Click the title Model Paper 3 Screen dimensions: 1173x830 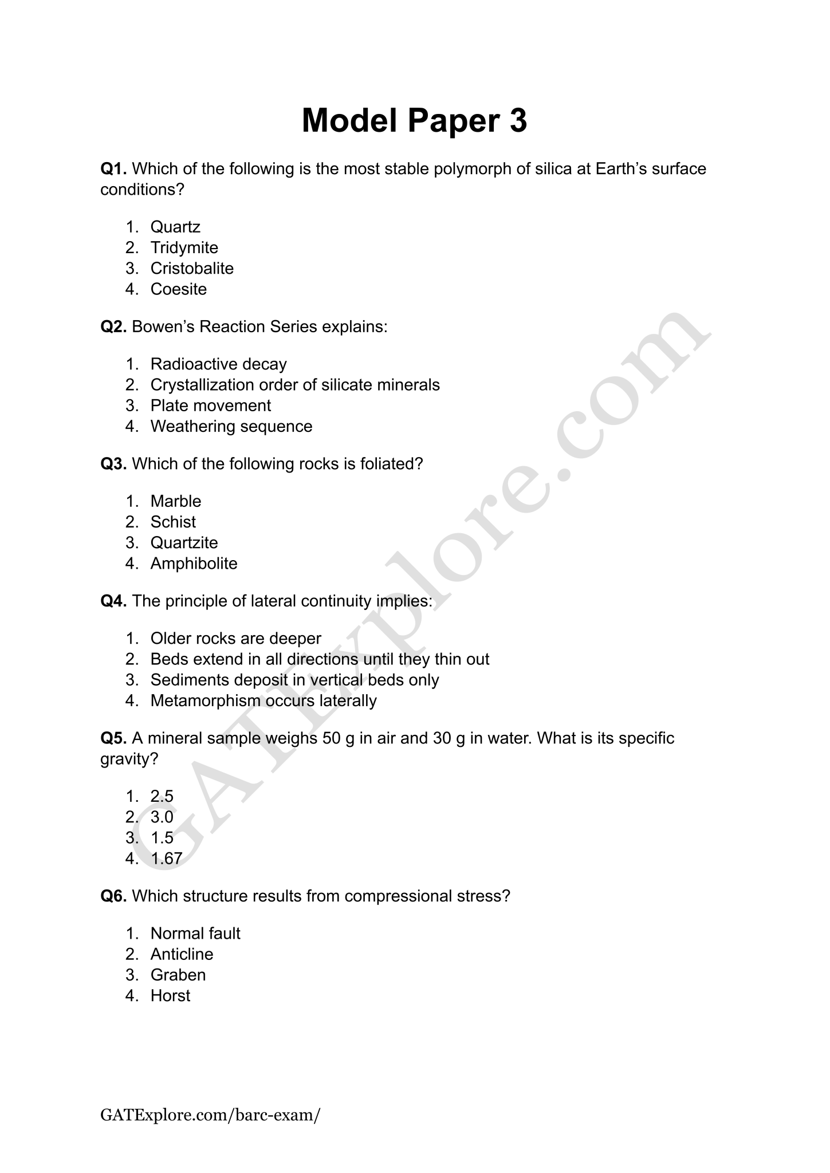(414, 121)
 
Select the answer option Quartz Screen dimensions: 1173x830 (175, 227)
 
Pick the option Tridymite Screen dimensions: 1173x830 (184, 247)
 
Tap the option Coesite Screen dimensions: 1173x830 (178, 289)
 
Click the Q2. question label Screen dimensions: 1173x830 (113, 326)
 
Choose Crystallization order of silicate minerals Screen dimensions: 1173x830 (295, 385)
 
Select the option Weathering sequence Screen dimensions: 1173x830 (231, 426)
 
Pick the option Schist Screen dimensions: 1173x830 (173, 522)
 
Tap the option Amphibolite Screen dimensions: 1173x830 (194, 564)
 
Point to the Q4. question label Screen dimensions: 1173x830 (113, 601)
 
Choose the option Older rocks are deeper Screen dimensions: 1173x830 (235, 638)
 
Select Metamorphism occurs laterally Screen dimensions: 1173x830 (263, 700)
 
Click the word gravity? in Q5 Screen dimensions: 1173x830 (129, 759)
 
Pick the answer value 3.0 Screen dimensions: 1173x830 (162, 817)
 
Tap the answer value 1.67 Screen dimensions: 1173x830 (166, 859)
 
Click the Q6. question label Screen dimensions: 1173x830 (113, 896)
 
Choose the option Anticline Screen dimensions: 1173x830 (182, 954)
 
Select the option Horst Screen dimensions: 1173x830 (170, 995)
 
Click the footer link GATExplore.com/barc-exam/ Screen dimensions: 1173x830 (210, 1115)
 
